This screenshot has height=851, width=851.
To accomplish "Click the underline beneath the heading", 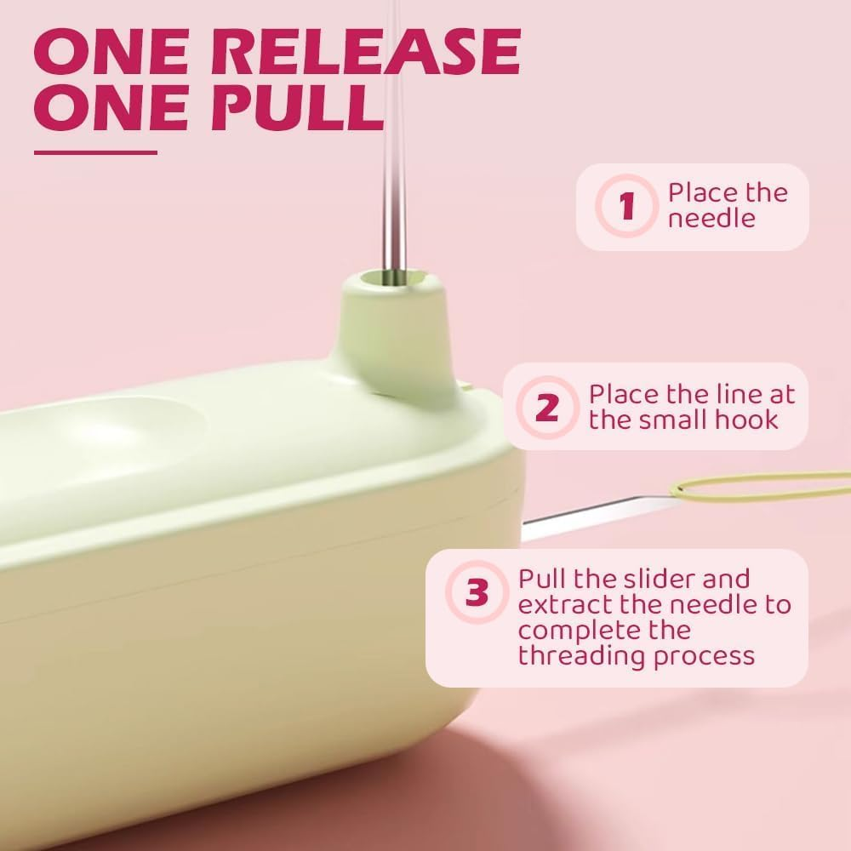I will point(95,152).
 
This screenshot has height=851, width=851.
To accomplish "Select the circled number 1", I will point(627,206).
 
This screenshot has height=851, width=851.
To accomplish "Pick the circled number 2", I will point(547,407).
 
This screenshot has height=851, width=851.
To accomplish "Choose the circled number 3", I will point(477,592).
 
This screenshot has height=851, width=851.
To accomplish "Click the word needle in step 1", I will point(711,219).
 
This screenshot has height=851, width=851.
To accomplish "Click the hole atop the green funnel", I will point(393,278).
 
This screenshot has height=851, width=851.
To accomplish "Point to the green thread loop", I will point(757,486).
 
